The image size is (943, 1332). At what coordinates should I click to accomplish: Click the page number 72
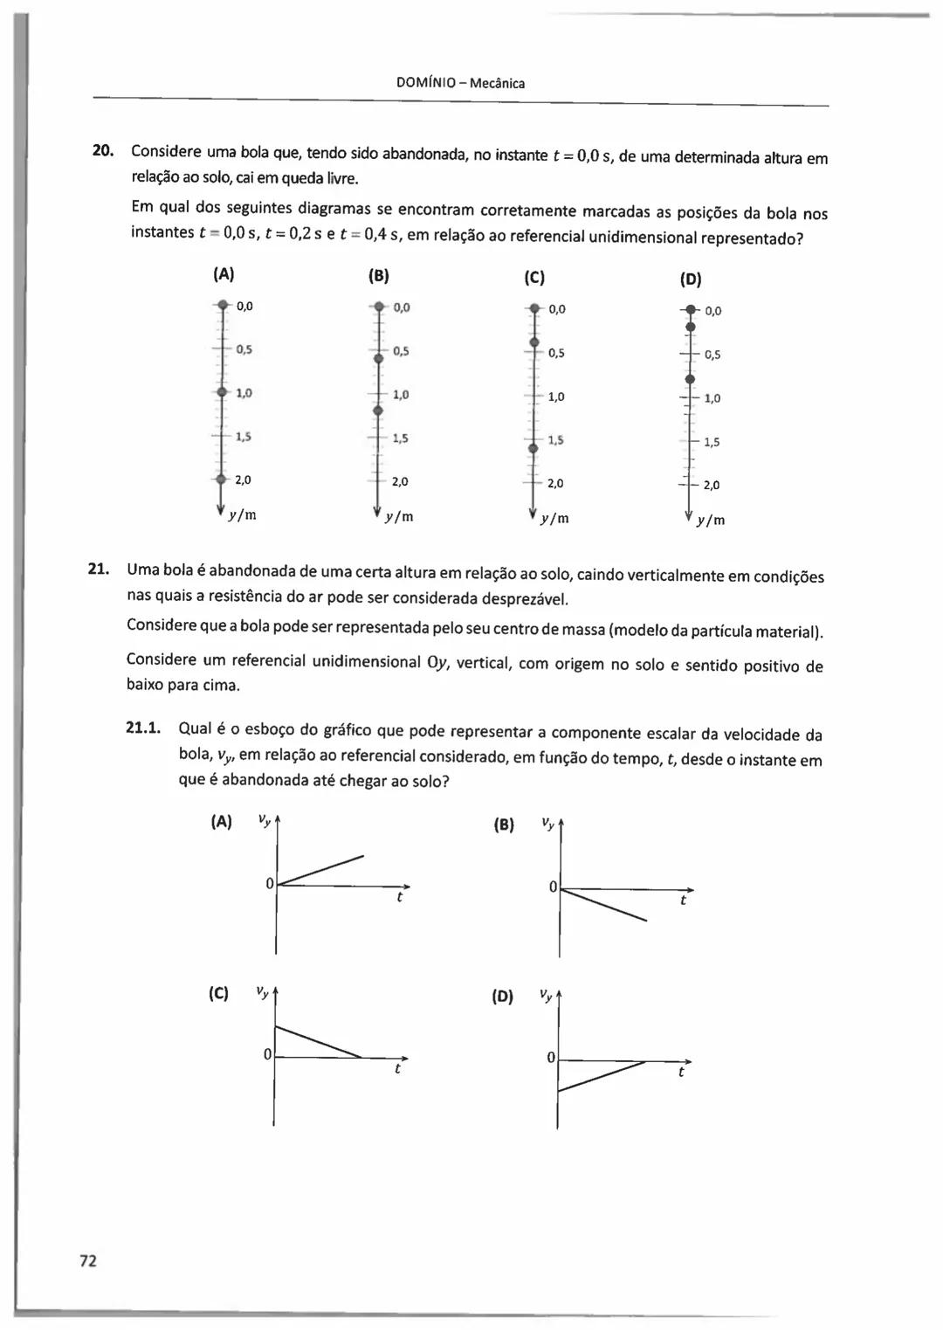click(88, 1260)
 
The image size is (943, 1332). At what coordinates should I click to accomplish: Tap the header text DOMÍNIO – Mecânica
click(460, 84)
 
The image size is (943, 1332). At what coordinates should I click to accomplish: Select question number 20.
click(103, 150)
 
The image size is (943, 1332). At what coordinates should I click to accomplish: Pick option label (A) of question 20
click(224, 274)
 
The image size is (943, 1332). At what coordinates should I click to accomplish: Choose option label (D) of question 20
click(691, 280)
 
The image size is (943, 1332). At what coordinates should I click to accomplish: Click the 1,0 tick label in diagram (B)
click(401, 395)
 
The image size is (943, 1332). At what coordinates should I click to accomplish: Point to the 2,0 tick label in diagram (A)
click(244, 480)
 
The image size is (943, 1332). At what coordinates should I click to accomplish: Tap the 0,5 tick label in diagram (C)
click(556, 353)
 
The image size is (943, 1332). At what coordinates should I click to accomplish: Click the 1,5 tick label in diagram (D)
click(712, 442)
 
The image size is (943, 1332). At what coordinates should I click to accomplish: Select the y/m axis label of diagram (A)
click(242, 515)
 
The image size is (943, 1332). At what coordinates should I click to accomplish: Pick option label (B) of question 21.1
click(504, 825)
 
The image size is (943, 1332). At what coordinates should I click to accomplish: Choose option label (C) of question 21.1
click(218, 994)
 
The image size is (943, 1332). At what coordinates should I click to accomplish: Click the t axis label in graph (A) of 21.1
click(399, 897)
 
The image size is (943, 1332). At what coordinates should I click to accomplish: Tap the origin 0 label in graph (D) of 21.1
click(551, 1058)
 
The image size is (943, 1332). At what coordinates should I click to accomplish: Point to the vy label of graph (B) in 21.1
click(547, 823)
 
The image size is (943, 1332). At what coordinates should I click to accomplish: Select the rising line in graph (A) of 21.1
click(320, 870)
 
